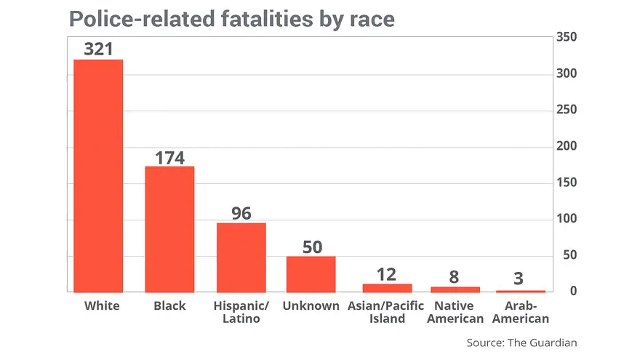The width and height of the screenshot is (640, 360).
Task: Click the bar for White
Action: coord(98,175)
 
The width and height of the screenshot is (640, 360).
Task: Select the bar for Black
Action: coord(169,229)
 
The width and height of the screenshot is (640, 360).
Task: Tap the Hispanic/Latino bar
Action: coord(241,257)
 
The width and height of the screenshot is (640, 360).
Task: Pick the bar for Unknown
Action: coord(311,274)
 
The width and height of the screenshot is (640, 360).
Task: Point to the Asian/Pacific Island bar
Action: coord(387,288)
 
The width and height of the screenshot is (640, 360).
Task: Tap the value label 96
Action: coord(241,213)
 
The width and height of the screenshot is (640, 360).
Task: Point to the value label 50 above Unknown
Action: coord(312,247)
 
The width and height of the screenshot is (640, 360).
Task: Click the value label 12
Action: coord(387,274)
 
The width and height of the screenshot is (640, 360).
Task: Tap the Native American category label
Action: coord(455,312)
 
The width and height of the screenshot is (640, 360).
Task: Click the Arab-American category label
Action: coord(521,312)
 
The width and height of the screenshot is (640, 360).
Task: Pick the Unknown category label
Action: coord(311,306)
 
